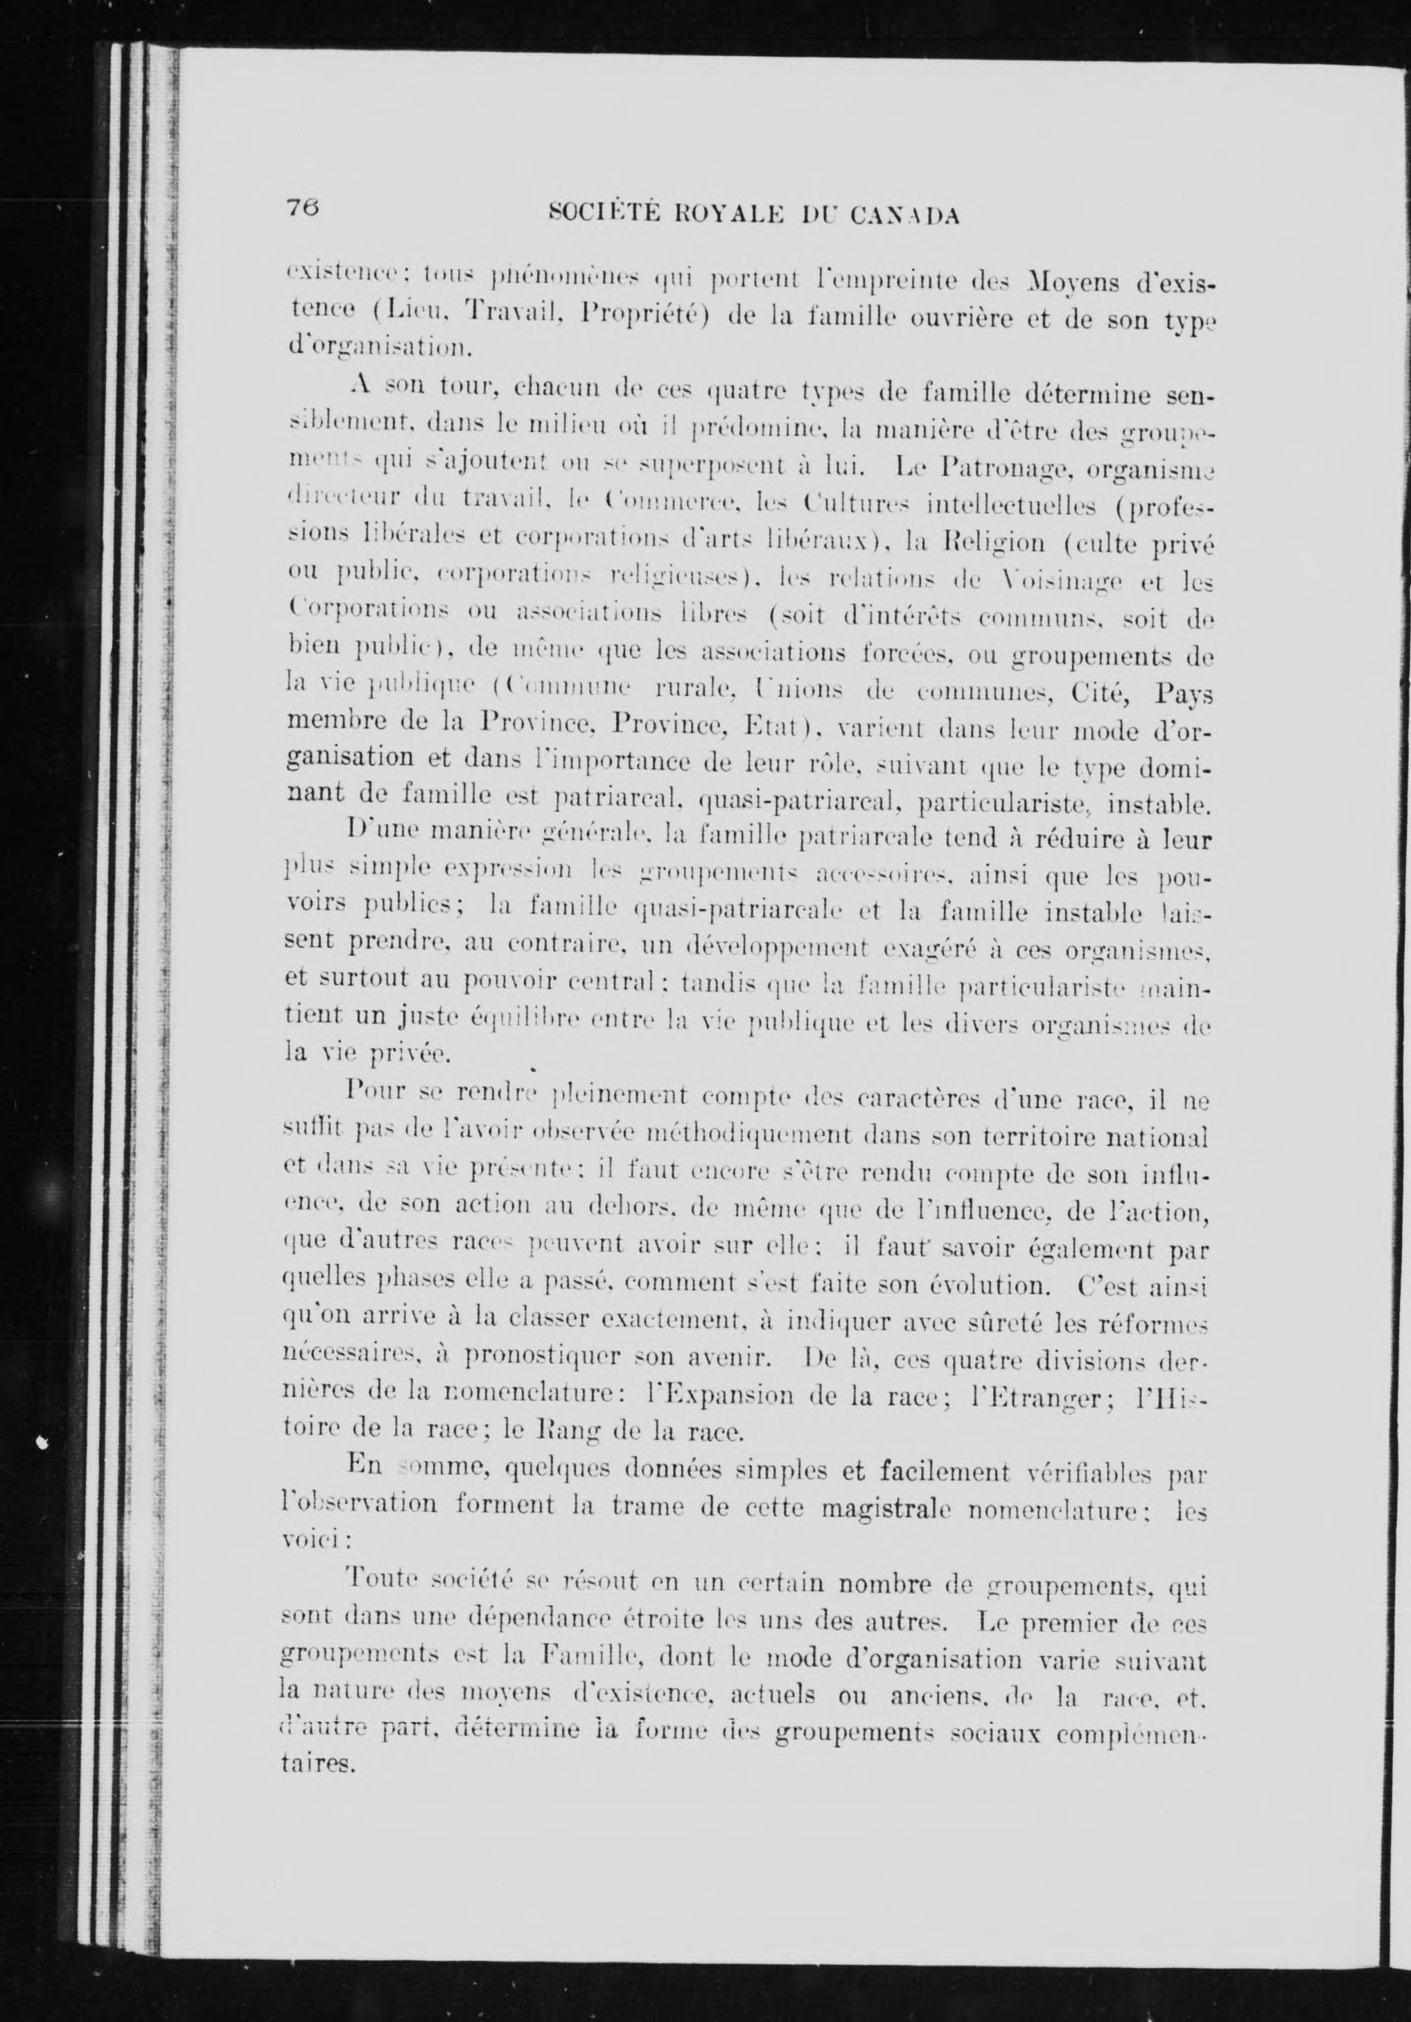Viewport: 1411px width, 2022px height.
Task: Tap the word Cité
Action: pyautogui.click(x=1089, y=692)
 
